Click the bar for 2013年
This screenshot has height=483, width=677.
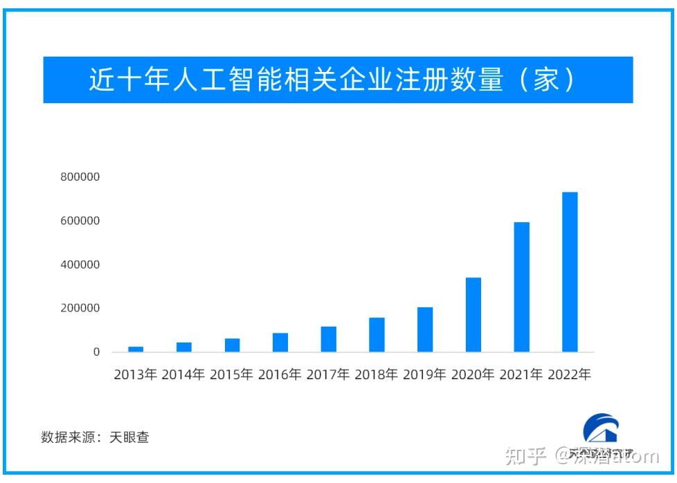136,349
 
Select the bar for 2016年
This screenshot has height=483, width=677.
280,343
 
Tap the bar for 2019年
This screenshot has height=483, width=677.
425,329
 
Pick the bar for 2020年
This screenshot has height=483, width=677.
473,315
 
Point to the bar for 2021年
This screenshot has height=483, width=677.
521,287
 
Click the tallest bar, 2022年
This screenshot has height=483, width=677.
570,272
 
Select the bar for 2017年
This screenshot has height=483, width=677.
329,339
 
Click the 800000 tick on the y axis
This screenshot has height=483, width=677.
80,177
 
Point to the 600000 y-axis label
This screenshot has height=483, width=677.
80,221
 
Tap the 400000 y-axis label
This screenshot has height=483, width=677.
80,264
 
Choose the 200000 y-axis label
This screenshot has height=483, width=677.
80,308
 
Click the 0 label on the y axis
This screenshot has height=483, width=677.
96,352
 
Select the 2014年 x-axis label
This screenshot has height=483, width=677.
183,375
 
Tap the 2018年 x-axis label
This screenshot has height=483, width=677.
377,375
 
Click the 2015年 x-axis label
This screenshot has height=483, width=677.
232,375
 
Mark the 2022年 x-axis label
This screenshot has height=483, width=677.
569,375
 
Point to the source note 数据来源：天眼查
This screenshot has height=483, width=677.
95,437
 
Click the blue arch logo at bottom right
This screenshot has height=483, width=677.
600,428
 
